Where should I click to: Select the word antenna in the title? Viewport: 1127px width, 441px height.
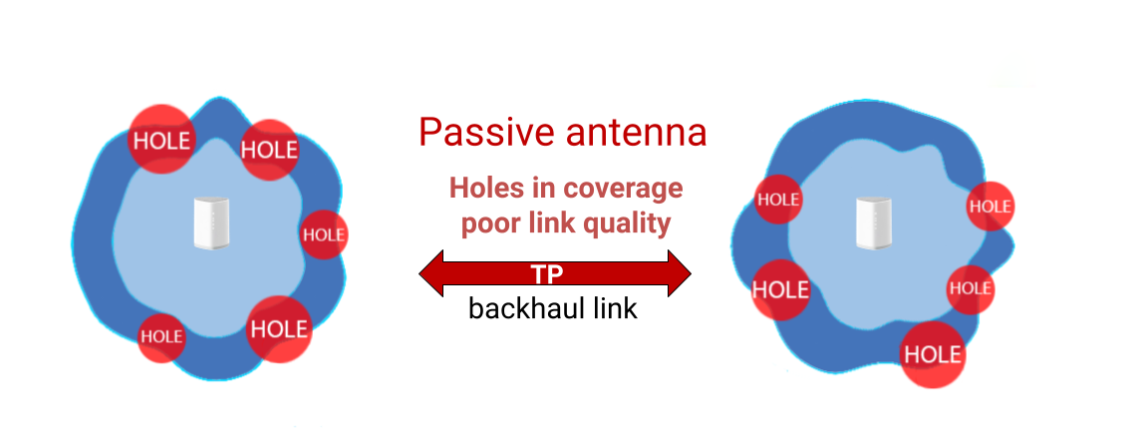tap(632, 132)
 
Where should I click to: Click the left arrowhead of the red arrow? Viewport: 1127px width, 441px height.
tap(431, 273)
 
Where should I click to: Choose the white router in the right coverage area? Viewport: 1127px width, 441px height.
tap(871, 221)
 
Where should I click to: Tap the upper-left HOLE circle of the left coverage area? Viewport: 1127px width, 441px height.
tap(161, 141)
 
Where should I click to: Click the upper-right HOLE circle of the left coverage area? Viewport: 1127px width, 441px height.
tap(269, 150)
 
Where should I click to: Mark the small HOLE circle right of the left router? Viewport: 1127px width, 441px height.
tap(323, 235)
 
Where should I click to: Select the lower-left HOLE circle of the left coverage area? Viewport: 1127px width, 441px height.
tap(160, 336)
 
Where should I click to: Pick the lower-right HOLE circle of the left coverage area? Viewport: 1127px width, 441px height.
tap(279, 328)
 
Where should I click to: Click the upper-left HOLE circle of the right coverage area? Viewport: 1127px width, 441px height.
tap(778, 199)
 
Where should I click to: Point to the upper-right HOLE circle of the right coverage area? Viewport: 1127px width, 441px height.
tap(989, 207)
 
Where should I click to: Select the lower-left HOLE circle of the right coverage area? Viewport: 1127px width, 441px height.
tap(779, 290)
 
